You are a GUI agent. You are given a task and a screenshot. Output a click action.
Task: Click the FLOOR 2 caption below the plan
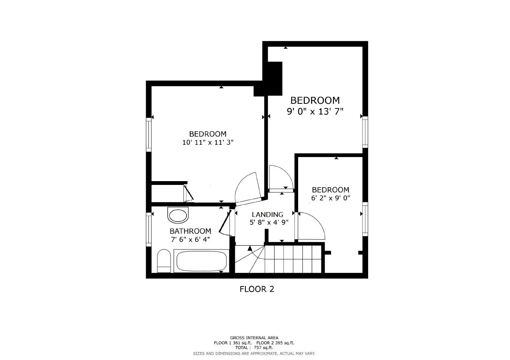[x=257, y=289]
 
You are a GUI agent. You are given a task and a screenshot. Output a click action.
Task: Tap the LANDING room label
[x=267, y=214]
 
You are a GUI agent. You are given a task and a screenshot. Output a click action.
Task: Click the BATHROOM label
[x=190, y=231]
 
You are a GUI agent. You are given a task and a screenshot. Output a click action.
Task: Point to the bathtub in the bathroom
[x=202, y=261]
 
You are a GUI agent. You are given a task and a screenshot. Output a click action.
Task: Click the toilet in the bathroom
[x=164, y=261]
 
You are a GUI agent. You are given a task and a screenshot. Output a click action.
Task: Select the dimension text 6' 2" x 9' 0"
[x=331, y=198]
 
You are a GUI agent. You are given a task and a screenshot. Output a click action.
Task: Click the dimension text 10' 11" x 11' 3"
[x=208, y=142]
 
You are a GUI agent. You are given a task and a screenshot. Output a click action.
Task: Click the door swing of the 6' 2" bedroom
[x=310, y=226]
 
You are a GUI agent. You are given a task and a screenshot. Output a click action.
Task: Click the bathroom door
[x=225, y=223]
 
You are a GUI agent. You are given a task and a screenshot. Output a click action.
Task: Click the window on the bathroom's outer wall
[x=149, y=229]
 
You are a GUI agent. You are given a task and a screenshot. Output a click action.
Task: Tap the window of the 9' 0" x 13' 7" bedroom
[x=365, y=132]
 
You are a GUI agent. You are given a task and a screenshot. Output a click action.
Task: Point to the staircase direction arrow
[x=250, y=248]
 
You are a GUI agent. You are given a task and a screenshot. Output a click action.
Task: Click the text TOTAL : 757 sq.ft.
[x=254, y=348]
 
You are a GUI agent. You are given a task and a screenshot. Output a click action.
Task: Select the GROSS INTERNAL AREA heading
[x=254, y=338]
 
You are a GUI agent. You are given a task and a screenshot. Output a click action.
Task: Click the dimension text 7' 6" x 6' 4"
[x=190, y=239]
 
